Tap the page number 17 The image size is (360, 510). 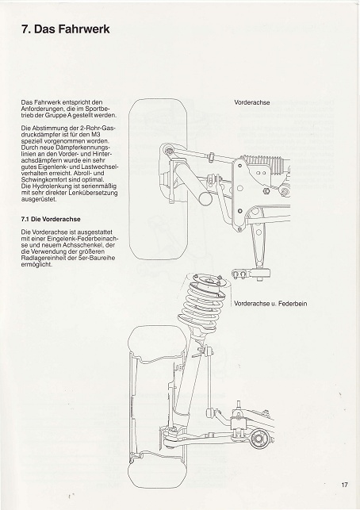344,485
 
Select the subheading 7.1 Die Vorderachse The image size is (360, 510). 51,219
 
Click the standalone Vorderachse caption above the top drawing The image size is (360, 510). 252,102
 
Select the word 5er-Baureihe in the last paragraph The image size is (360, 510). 98,259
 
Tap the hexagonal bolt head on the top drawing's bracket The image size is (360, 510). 265,190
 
